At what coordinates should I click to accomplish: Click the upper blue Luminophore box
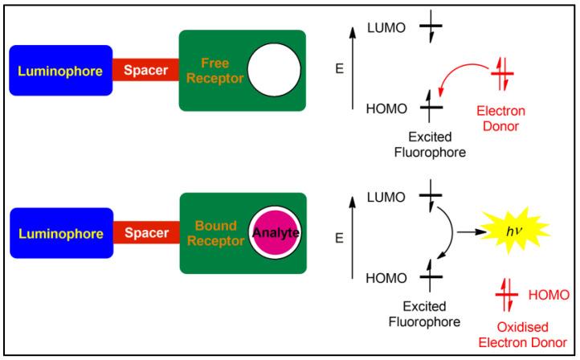coord(61,71)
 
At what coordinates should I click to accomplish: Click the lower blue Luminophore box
coord(61,234)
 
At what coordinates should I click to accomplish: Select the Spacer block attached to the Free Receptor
coord(145,71)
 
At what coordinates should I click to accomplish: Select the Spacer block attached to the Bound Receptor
coord(145,234)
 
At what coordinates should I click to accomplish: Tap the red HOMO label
coord(549,296)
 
